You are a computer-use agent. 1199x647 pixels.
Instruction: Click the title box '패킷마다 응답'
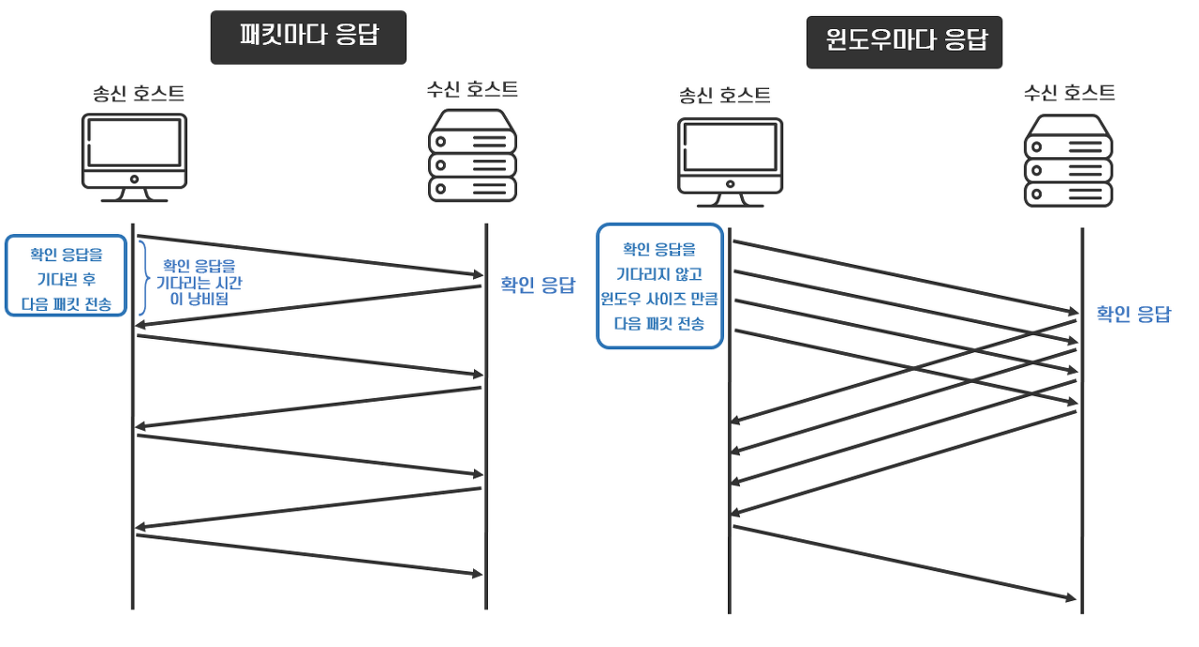(x=308, y=37)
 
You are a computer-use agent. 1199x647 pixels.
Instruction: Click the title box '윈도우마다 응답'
(x=904, y=41)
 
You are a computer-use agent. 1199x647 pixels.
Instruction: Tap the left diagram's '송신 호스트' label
(x=138, y=93)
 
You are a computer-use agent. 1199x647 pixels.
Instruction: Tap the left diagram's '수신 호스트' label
(x=472, y=90)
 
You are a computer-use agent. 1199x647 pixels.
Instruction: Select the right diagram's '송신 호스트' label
(x=725, y=95)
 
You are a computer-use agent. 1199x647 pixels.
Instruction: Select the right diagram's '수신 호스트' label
(x=1069, y=93)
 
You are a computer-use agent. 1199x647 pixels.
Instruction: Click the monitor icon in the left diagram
(x=134, y=156)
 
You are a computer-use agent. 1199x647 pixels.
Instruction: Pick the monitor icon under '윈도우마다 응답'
(x=730, y=162)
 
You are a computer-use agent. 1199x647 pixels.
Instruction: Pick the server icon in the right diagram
(x=1068, y=160)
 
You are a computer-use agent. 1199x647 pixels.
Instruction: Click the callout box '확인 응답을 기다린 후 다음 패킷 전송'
(x=66, y=275)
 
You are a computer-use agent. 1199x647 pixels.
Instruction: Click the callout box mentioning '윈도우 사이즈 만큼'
(x=659, y=286)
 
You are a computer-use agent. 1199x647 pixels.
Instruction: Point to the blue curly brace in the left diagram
(x=144, y=278)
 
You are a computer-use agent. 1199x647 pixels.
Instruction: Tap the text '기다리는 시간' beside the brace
(x=200, y=283)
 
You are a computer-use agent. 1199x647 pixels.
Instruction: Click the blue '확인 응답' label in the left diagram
(x=537, y=286)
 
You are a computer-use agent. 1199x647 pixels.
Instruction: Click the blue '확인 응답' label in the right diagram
(x=1133, y=314)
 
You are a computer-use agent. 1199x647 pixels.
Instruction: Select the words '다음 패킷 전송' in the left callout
(x=66, y=304)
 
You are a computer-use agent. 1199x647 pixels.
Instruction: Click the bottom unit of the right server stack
(x=1068, y=194)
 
